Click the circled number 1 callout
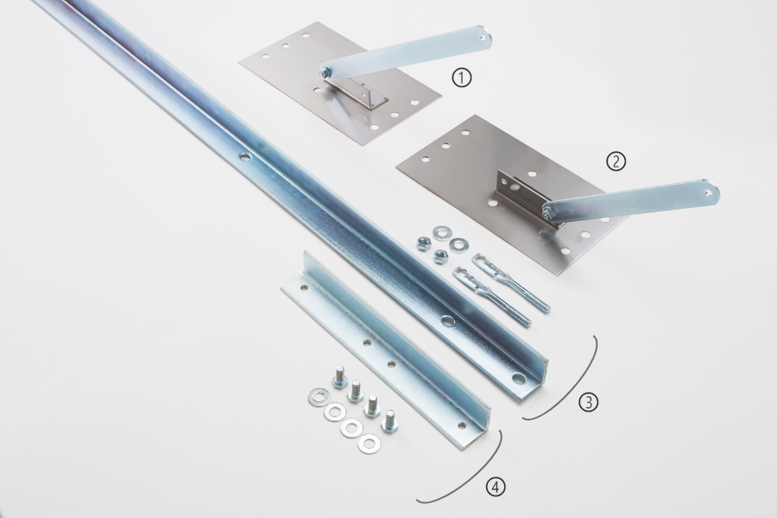pos(462,78)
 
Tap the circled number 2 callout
pos(616,161)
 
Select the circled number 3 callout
pos(588,402)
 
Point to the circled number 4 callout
pos(496,487)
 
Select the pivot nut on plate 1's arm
pos(324,73)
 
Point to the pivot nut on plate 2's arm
pos(547,213)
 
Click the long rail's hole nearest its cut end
pos(518,379)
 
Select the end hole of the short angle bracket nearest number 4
pos(463,425)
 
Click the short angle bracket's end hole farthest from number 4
pos(304,287)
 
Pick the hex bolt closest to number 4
pos(389,420)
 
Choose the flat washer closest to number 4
pos(369,443)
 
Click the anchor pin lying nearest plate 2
pos(511,281)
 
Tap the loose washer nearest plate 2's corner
pos(458,244)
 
